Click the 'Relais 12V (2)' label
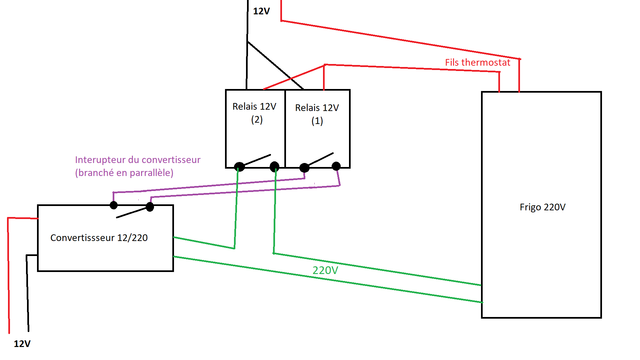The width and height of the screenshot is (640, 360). click(x=254, y=113)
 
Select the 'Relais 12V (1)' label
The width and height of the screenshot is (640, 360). click(x=317, y=114)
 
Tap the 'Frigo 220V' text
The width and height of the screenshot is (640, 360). click(x=542, y=207)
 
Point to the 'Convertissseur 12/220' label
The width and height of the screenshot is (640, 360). click(x=99, y=238)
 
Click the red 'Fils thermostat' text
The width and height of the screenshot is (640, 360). click(x=478, y=62)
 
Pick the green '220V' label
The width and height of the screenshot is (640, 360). click(x=325, y=270)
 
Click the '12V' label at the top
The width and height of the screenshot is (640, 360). click(x=261, y=11)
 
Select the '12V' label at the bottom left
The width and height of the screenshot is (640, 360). click(x=22, y=344)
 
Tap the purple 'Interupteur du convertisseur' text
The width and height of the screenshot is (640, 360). click(x=138, y=160)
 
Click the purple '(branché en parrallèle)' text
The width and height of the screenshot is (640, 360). click(x=124, y=173)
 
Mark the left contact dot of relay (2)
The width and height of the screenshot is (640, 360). click(x=240, y=166)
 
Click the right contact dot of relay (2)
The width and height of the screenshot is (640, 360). click(x=275, y=166)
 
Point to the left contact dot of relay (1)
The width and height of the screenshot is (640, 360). click(x=304, y=167)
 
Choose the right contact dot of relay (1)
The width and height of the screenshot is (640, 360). click(x=336, y=166)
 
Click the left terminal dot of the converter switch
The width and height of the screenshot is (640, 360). click(x=114, y=205)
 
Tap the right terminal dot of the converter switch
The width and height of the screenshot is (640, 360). click(x=150, y=207)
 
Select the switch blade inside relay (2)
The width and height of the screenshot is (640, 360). click(x=256, y=160)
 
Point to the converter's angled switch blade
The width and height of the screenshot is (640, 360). click(x=132, y=212)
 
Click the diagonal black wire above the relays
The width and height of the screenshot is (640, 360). click(x=275, y=65)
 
